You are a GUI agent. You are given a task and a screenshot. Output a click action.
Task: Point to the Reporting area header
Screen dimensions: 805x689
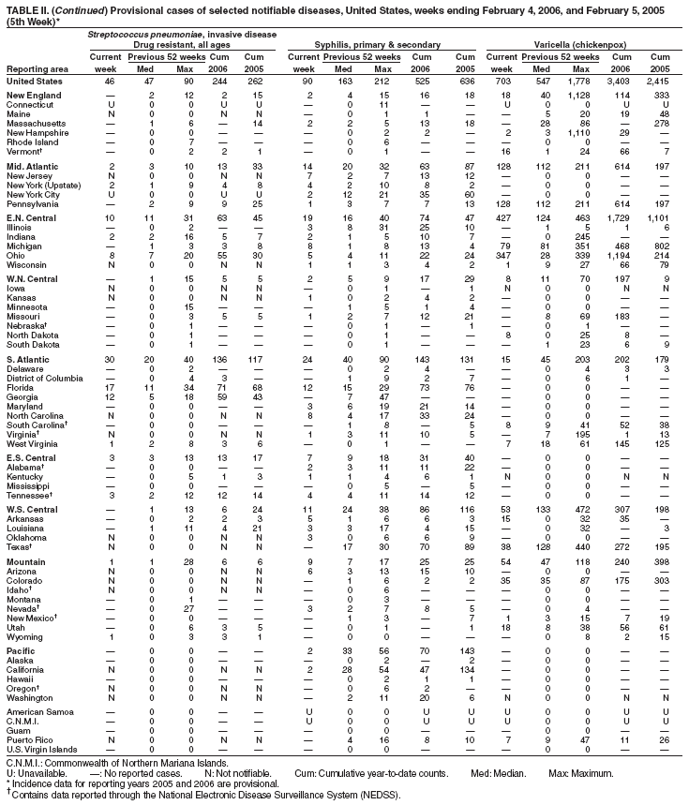37,68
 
